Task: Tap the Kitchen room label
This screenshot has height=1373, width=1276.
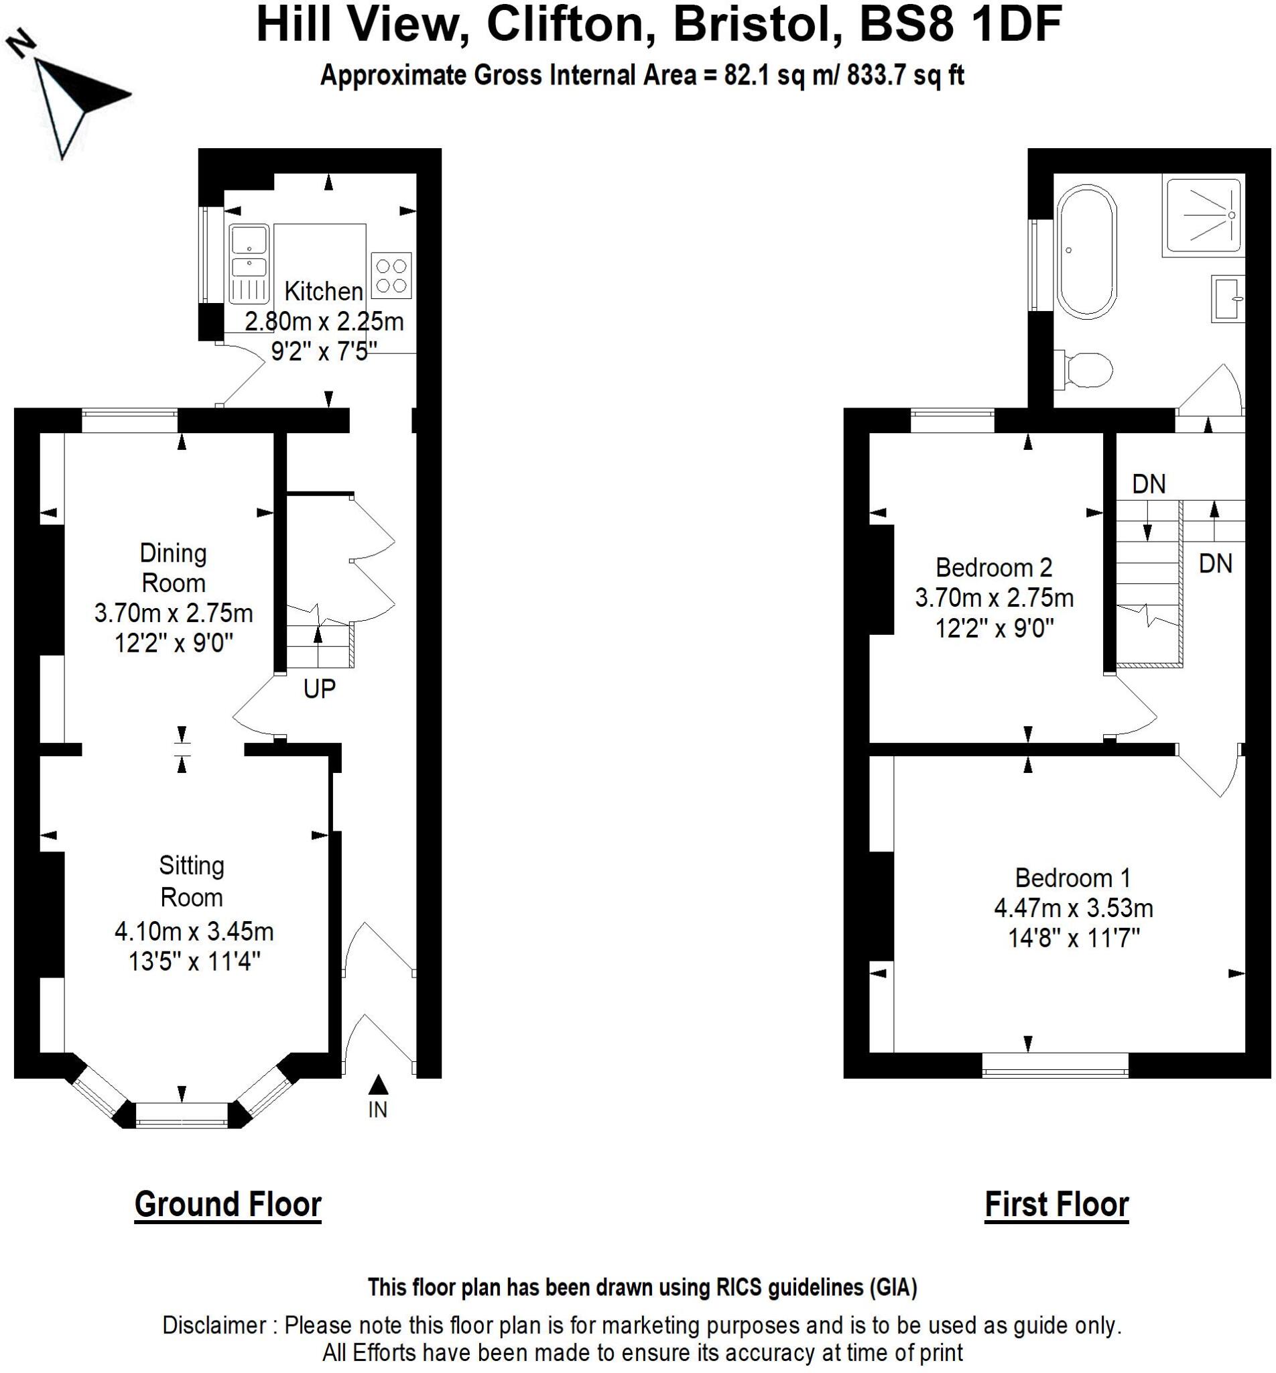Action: click(324, 292)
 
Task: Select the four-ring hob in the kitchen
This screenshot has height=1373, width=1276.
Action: click(391, 276)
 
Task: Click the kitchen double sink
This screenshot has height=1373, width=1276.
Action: click(249, 265)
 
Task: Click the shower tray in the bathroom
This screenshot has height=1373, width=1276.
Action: click(1204, 215)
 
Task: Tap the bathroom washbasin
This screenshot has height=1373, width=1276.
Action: click(1228, 298)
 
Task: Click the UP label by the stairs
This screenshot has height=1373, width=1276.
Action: click(319, 689)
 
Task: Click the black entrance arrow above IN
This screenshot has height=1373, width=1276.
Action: click(378, 1085)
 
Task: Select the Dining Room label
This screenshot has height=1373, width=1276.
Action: click(174, 569)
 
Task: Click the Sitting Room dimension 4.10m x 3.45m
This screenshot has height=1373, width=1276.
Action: click(194, 932)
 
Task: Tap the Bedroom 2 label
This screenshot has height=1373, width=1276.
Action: click(994, 568)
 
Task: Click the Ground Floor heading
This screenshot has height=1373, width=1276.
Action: click(228, 1204)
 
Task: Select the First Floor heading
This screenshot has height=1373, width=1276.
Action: click(1056, 1204)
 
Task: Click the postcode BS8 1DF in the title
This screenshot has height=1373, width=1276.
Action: click(960, 25)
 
